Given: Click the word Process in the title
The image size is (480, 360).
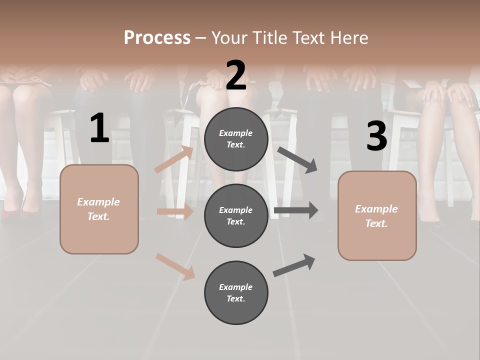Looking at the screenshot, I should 157,38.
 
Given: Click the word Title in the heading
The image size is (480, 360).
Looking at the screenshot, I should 269,38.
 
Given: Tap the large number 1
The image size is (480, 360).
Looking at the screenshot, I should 99,128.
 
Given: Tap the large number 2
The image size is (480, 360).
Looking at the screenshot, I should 236,75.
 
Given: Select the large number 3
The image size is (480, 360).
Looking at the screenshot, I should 376,136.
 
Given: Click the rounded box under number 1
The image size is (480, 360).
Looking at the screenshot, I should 99,209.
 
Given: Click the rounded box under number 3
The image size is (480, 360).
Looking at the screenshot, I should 377,216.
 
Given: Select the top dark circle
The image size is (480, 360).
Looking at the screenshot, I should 236,139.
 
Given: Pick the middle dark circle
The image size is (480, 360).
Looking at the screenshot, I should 236,216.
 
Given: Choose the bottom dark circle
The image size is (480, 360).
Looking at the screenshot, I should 236,293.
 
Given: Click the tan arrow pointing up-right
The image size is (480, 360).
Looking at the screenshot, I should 174,159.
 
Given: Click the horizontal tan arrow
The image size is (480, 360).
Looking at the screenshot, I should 175,211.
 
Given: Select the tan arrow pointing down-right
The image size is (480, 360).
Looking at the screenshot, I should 175,266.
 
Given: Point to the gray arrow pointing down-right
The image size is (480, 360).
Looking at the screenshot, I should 297,159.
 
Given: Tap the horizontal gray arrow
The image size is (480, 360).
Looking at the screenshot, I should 296,210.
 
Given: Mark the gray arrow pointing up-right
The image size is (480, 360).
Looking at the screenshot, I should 294,265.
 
